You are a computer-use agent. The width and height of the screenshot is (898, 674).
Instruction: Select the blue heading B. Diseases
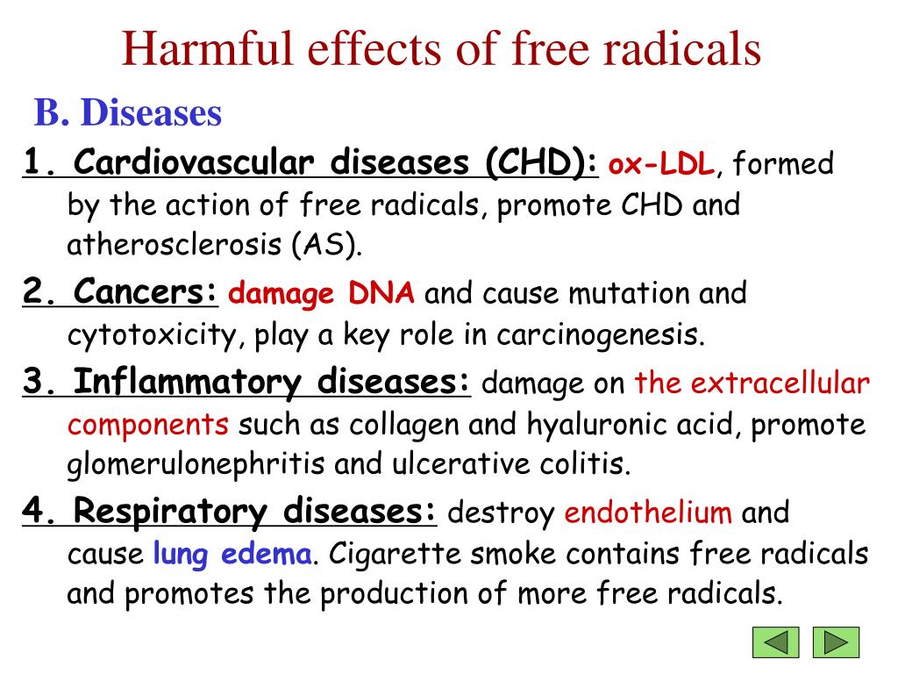coord(128,112)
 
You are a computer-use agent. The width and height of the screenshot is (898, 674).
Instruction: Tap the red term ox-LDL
coord(662,164)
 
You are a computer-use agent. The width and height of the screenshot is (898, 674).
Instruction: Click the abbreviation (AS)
coord(327,246)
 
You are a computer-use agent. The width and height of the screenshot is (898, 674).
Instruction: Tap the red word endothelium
coord(648,513)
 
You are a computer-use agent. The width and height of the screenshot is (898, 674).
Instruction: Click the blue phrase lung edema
coord(232,554)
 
